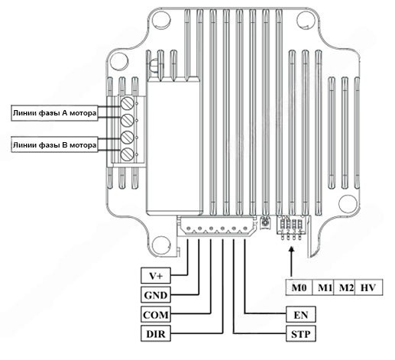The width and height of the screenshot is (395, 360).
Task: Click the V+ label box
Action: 156,275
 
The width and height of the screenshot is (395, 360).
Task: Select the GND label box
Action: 156,295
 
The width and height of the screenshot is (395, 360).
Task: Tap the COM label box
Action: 156,314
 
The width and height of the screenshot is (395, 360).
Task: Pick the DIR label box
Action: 156,333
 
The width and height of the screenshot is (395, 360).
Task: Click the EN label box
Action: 301,314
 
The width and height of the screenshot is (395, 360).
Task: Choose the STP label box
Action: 301,333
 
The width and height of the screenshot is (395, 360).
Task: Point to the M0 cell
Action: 299,287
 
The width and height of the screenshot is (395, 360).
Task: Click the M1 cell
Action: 323,287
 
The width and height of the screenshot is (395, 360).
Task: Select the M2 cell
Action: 344,287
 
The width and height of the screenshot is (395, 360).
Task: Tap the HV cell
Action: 368,287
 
